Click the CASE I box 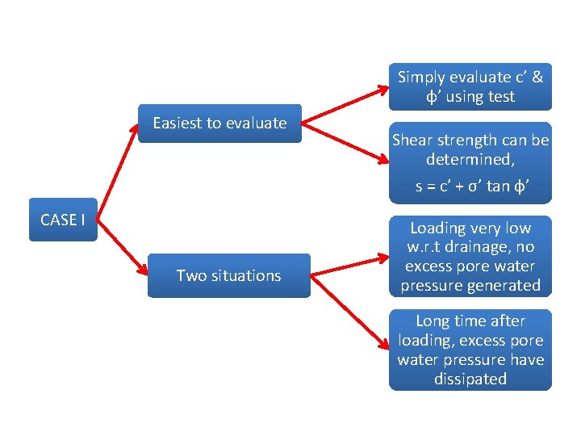point(63,220)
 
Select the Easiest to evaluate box point(219,124)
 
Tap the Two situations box point(228,275)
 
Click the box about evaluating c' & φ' point(470,86)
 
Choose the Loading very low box point(470,256)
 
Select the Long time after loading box point(470,350)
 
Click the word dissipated point(470,379)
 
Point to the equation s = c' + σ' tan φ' point(470,186)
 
